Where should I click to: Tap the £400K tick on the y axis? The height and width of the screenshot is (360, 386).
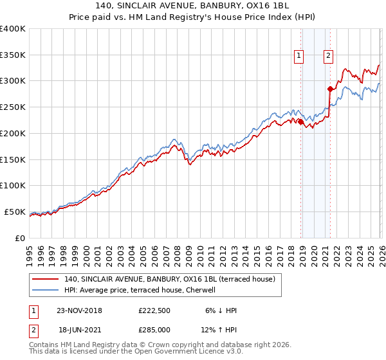click(x=13, y=29)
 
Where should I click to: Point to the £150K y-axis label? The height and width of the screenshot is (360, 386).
click(x=13, y=159)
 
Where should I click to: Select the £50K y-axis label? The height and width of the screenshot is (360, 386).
click(x=15, y=212)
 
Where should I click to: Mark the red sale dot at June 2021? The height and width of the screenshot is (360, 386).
click(x=330, y=89)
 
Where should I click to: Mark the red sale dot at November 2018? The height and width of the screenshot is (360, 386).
click(x=300, y=122)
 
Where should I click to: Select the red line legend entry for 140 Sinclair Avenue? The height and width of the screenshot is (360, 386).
click(x=170, y=279)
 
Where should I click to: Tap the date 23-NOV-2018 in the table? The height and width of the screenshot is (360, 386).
click(x=75, y=310)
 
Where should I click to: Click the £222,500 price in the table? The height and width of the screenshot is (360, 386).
click(x=154, y=310)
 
